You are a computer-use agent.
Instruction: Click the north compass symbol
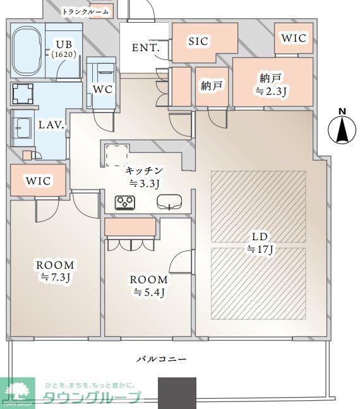[x=342, y=126]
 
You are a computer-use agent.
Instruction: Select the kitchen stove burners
[x=125, y=203]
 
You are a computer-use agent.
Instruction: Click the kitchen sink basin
[x=169, y=202]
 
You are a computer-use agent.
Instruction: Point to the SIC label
[x=198, y=41]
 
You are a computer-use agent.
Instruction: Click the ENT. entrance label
[x=146, y=48]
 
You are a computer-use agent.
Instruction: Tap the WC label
[x=103, y=89]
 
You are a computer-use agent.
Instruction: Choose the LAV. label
[x=51, y=125]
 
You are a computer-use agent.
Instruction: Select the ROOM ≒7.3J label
[x=55, y=271]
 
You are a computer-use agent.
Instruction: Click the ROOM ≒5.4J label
[x=149, y=286]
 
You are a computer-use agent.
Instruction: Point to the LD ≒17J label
[x=260, y=243]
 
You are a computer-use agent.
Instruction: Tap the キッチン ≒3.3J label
[x=144, y=177]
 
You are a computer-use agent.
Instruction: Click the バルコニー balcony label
[x=162, y=359]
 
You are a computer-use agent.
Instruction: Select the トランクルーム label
[x=85, y=11]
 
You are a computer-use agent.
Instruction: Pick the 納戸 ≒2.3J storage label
[x=271, y=85]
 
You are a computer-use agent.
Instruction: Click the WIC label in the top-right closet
[x=294, y=38]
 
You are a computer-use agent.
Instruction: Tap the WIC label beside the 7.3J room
[x=38, y=181]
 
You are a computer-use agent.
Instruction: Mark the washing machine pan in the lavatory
[x=23, y=94]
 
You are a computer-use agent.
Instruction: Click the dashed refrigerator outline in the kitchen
[x=117, y=156]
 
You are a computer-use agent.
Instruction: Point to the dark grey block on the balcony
[x=177, y=393]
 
